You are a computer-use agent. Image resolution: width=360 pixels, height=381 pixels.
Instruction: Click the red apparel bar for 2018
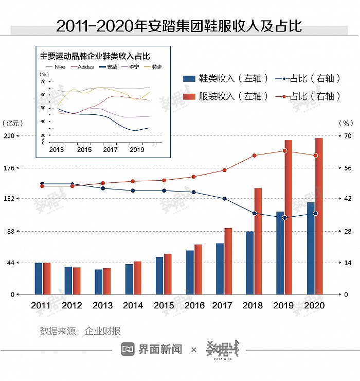coord(258,241)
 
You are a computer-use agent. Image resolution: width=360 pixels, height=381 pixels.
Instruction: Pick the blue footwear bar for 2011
coord(39,279)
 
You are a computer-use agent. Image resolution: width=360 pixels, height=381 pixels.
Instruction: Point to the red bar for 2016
coord(198,269)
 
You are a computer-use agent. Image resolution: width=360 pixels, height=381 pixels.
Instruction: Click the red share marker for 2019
coord(284,151)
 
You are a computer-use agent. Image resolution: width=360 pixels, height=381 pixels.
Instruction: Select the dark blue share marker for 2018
coord(254,213)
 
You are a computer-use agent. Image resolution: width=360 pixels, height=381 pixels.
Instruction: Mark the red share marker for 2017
coord(224,170)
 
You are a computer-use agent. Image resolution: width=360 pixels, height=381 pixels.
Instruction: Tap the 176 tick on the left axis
coord(10,168)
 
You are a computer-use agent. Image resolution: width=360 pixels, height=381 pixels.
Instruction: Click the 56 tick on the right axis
coord(348,168)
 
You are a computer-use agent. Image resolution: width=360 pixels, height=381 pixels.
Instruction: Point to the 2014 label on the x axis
coord(133,305)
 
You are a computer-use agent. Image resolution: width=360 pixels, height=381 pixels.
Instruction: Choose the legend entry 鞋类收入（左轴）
coord(226,79)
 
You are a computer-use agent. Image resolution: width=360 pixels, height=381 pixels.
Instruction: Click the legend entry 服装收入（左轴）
coord(226,96)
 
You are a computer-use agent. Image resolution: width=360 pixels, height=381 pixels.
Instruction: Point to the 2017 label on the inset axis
coord(110,149)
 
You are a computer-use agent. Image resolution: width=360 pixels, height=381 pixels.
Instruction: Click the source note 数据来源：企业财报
coord(80,331)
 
